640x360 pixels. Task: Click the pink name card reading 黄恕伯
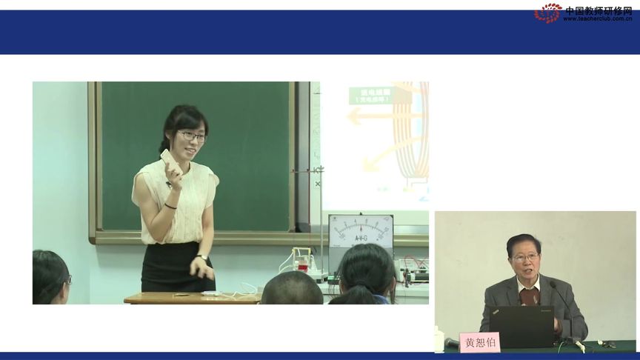(480, 342)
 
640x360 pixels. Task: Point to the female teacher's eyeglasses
(191, 136)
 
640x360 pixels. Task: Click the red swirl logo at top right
(547, 13)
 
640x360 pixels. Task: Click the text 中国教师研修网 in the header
(598, 10)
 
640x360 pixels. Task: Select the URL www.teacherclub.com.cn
(597, 19)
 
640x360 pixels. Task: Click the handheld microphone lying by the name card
(452, 343)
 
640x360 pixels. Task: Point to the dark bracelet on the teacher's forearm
(170, 205)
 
